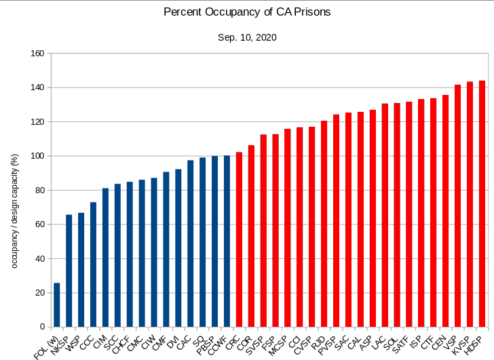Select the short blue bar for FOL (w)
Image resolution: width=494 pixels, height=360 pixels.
(x=57, y=305)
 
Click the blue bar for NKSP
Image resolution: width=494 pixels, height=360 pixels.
(x=69, y=271)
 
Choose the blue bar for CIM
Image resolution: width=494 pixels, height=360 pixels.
(x=105, y=258)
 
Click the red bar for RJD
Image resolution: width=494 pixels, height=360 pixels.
(x=324, y=224)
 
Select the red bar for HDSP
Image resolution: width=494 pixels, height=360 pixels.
(x=482, y=203)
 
